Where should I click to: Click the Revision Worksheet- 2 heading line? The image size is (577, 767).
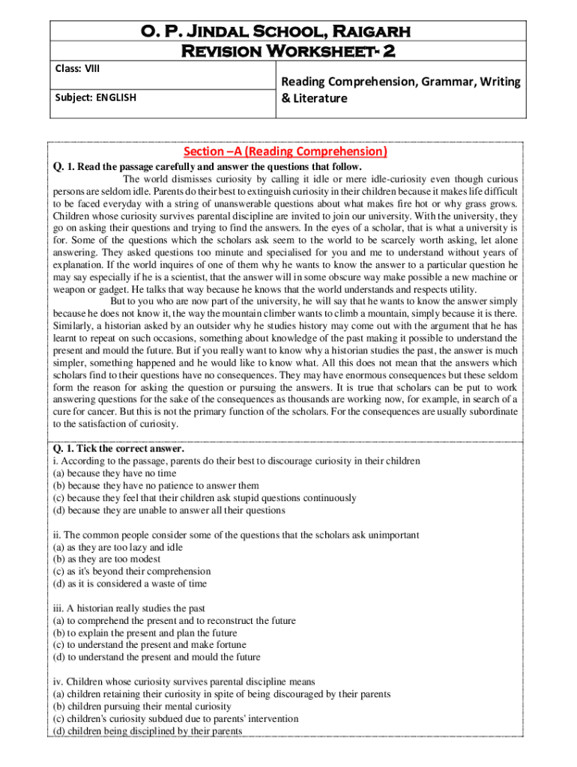[288, 51]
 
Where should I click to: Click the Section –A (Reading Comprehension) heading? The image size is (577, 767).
[288, 151]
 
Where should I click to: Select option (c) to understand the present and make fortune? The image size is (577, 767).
[148, 644]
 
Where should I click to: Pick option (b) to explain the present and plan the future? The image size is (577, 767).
[145, 632]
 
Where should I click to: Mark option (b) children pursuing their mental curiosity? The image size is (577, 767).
[142, 706]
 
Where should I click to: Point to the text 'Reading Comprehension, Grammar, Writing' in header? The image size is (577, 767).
[400, 82]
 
